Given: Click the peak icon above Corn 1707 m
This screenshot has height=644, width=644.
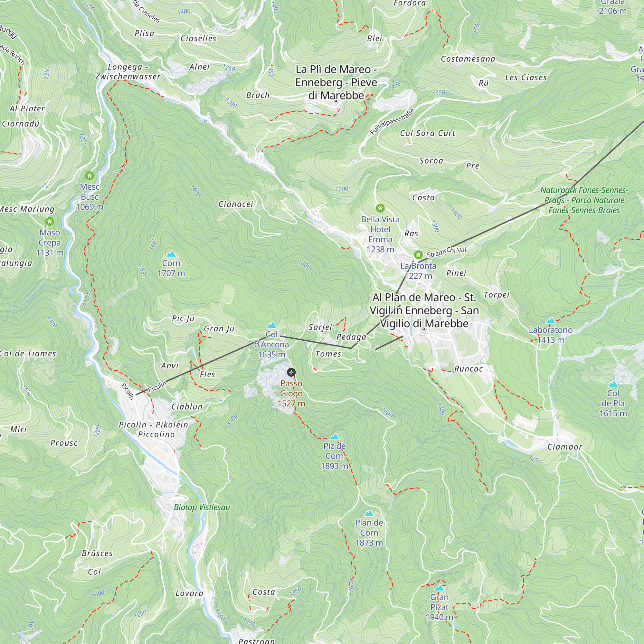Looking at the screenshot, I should pyautogui.click(x=171, y=254).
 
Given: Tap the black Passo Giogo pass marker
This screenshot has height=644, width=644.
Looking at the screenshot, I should pyautogui.click(x=291, y=372).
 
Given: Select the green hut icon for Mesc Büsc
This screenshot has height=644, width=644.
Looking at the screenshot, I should pyautogui.click(x=89, y=175).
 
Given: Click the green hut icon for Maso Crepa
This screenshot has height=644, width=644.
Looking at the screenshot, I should pyautogui.click(x=50, y=221).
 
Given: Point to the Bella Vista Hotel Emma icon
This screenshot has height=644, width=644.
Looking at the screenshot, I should pyautogui.click(x=380, y=208).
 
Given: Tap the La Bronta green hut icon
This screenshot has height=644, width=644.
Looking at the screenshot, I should pyautogui.click(x=418, y=255).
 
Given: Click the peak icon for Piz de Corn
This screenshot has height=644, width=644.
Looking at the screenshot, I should pyautogui.click(x=334, y=437).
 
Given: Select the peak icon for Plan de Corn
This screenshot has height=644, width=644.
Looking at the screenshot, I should pyautogui.click(x=369, y=513).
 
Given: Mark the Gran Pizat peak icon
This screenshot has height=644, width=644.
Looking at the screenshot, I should pyautogui.click(x=439, y=588).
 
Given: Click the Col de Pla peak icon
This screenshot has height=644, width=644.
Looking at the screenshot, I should pyautogui.click(x=613, y=384).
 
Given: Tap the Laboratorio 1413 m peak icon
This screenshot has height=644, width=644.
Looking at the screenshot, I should pyautogui.click(x=550, y=321).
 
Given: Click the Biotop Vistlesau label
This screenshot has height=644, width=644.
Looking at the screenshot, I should pyautogui.click(x=202, y=507).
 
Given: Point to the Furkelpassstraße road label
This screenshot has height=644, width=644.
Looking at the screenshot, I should pyautogui.click(x=392, y=122).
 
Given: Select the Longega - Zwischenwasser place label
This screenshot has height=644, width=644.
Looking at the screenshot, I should pyautogui.click(x=128, y=72).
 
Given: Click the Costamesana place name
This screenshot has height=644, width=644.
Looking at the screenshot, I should pyautogui.click(x=468, y=59).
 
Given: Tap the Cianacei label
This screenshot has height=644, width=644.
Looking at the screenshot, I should pyautogui.click(x=236, y=204).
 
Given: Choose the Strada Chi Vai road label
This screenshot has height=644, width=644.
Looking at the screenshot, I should pyautogui.click(x=446, y=252).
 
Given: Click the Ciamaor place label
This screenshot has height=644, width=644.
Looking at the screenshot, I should pyautogui.click(x=564, y=447).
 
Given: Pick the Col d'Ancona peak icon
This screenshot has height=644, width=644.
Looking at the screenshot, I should pyautogui.click(x=271, y=325).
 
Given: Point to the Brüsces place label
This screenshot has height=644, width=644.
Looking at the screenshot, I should pyautogui.click(x=97, y=553).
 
